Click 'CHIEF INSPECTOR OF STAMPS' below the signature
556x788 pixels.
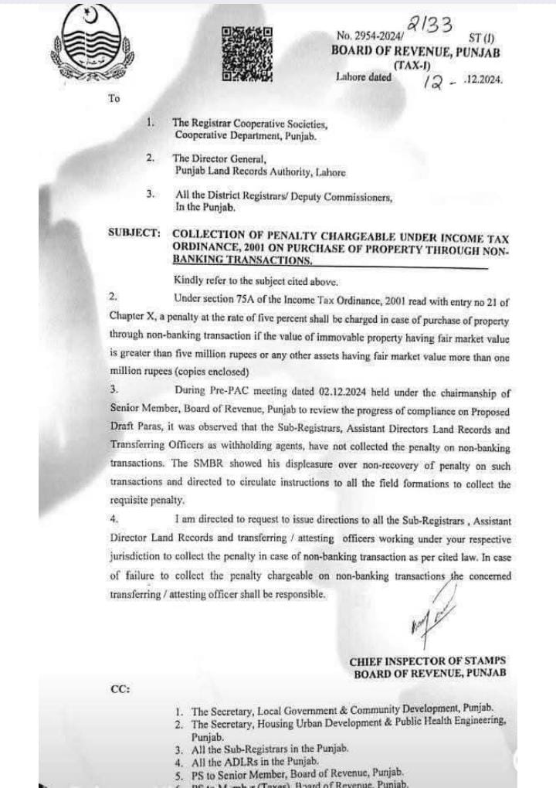pos(428,661)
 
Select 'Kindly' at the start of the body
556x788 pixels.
pos(187,280)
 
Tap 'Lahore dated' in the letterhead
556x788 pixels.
pos(364,77)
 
